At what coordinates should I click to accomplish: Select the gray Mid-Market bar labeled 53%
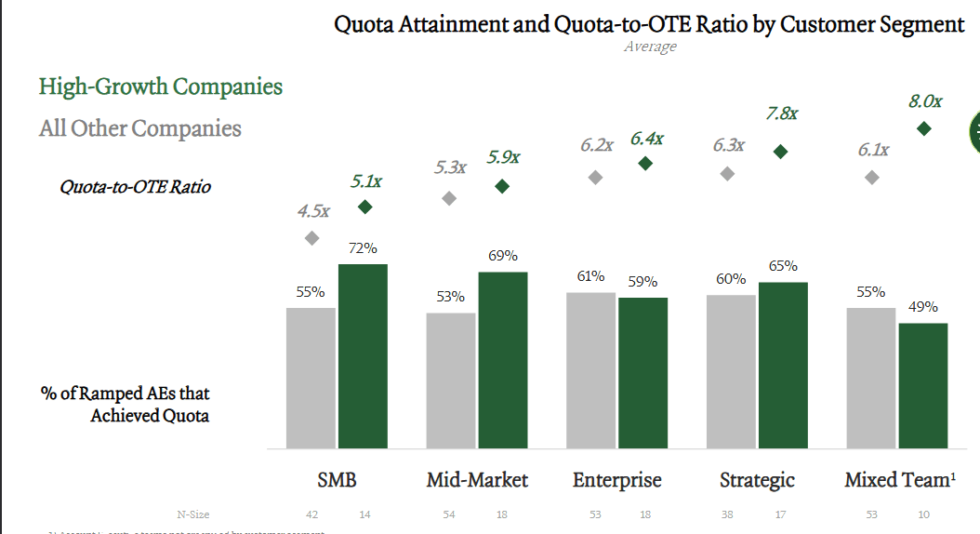(451, 380)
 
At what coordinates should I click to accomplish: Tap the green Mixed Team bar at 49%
(922, 385)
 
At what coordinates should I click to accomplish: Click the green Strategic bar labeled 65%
(783, 365)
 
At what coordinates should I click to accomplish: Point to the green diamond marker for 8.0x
(924, 128)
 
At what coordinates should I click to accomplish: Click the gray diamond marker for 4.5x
(312, 238)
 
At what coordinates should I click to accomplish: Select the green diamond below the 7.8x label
(781, 151)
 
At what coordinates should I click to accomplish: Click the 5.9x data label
(503, 157)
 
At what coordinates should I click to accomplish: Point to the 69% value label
(503, 256)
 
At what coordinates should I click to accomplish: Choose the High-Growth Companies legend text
(161, 87)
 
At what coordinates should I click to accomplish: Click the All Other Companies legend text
(140, 128)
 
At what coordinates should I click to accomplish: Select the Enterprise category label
(617, 480)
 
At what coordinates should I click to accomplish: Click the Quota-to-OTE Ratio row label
(136, 187)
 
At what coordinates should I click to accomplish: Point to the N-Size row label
(192, 514)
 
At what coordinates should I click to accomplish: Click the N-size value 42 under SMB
(311, 514)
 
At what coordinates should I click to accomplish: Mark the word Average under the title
(650, 47)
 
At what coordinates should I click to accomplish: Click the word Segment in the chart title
(916, 23)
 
